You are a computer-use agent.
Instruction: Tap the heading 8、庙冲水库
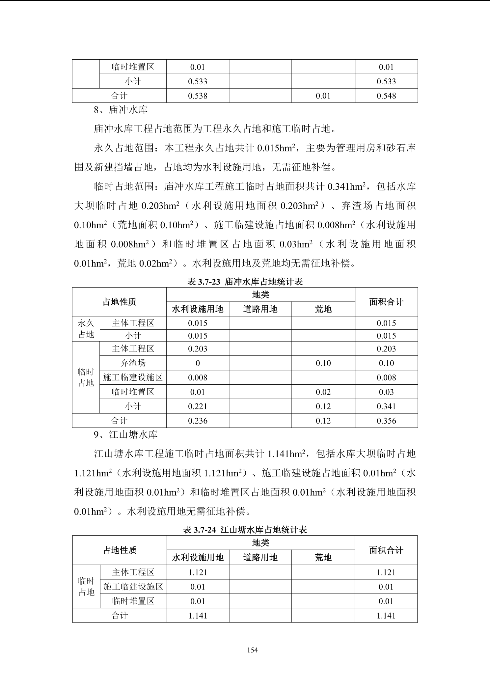(121, 110)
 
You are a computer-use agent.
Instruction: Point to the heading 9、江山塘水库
(125, 435)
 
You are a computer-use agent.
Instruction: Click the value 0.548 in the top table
(386, 96)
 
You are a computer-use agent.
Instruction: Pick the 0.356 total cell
(386, 421)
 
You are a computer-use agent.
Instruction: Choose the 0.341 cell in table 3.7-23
(386, 406)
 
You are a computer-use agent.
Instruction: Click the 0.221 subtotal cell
(198, 406)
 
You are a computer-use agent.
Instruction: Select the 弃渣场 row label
(133, 363)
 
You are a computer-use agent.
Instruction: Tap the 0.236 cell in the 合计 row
(198, 421)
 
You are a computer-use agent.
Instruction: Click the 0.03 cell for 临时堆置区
(386, 392)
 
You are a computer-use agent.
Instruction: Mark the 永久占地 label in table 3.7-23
(86, 329)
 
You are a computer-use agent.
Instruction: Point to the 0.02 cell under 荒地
(323, 392)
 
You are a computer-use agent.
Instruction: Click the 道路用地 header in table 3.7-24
(260, 557)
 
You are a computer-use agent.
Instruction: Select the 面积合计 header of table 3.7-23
(386, 302)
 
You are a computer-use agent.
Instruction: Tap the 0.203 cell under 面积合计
(386, 349)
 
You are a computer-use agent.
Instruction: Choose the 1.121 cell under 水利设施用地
(198, 572)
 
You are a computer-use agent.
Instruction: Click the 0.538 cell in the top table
(198, 96)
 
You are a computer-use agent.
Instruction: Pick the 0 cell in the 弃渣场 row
(198, 363)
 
